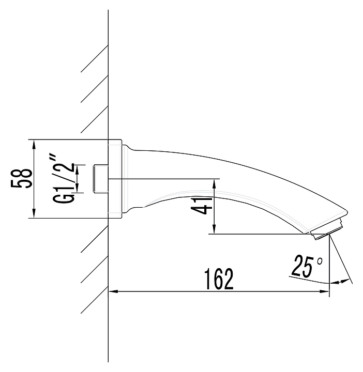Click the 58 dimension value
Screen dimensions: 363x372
click(21, 178)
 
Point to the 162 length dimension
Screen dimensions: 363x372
click(219, 279)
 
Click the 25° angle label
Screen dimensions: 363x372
click(307, 266)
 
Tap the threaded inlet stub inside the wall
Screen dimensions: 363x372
click(100, 178)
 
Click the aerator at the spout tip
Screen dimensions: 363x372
click(327, 229)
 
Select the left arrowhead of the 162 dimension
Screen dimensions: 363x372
click(113, 291)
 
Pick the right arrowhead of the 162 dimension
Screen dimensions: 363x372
click(325, 291)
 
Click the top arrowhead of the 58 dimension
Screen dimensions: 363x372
click(34, 144)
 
